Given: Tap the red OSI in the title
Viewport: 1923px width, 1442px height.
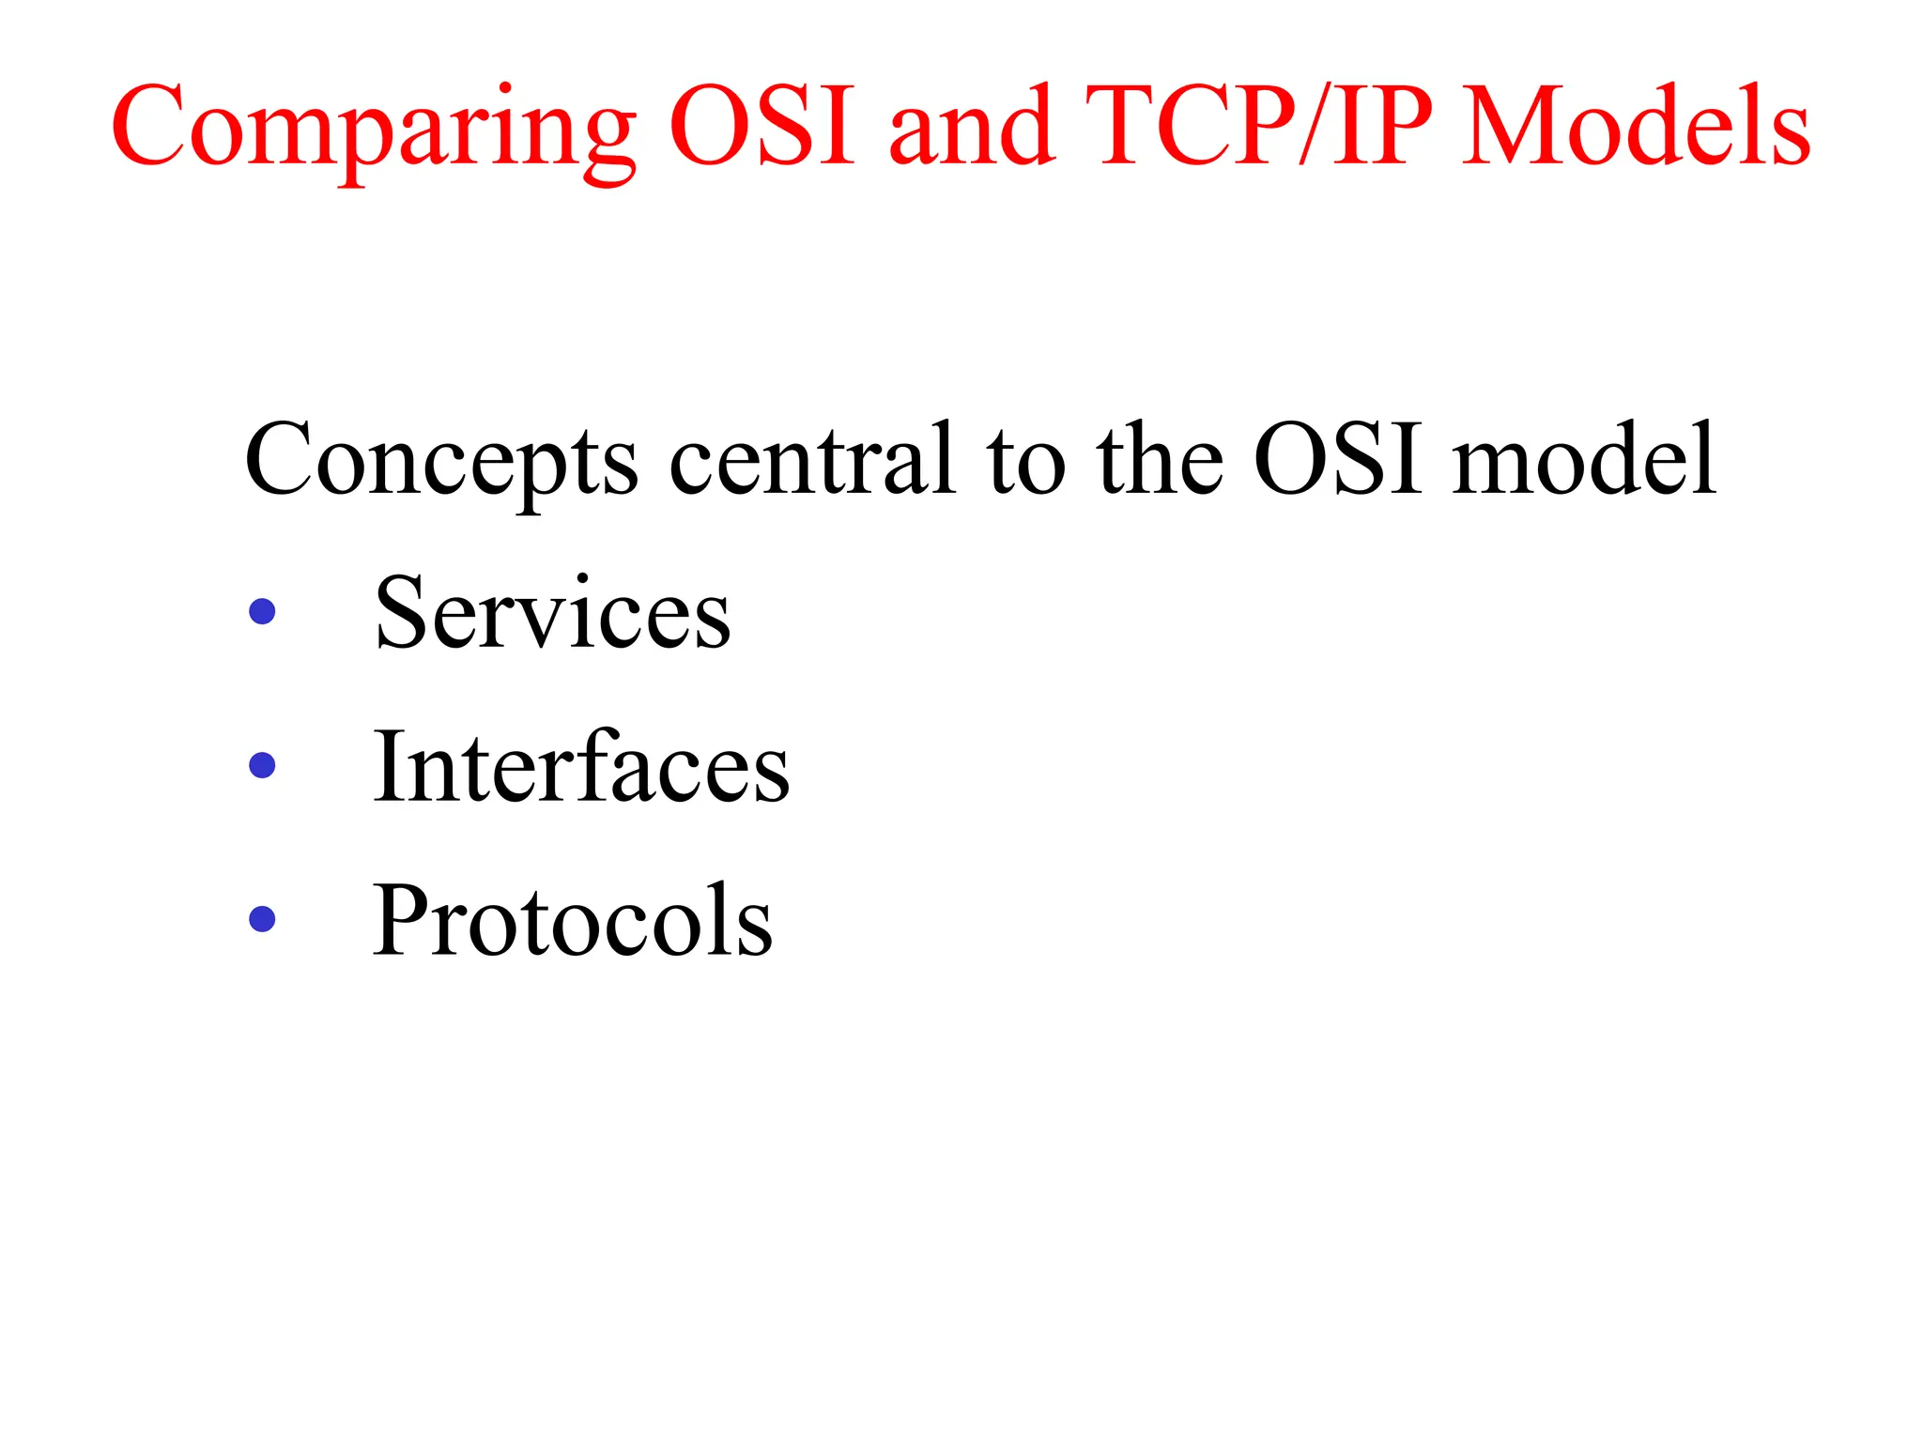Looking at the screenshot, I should coord(762,126).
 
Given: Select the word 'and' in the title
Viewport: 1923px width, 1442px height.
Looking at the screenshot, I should coord(969,126).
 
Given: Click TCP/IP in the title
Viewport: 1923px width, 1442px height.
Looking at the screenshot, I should coord(1258,126).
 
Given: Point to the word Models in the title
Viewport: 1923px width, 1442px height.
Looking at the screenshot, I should coord(1636,126).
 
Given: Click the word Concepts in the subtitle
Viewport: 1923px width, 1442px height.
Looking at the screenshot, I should coord(441,460).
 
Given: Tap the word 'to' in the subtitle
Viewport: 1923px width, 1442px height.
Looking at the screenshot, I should coord(1025,460).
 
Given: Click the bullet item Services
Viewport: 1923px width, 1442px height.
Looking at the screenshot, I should coord(552,612).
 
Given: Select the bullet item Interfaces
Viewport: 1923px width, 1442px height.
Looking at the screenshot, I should coord(581,766).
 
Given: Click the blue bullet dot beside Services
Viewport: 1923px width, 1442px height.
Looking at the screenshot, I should coord(262,612).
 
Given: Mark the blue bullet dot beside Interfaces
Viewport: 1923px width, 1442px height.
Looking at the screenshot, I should coord(262,765).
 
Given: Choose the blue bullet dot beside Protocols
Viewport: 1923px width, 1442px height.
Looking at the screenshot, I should coord(262,918).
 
